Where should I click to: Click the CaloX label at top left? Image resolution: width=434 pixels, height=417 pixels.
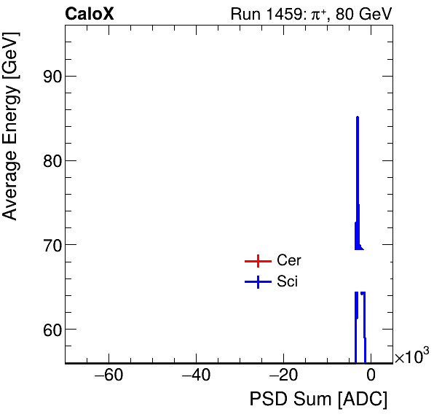coord(89,14)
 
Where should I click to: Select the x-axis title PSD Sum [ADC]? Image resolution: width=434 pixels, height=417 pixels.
coord(318,400)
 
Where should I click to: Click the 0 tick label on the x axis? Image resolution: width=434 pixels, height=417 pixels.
coord(371,376)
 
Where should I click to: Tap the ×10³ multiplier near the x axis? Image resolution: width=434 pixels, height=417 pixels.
coord(411,357)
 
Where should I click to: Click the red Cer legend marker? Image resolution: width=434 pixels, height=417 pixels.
coord(257,261)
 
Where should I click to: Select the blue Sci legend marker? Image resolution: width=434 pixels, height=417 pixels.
coord(257,282)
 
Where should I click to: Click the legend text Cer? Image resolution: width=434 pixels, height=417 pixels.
coord(289,261)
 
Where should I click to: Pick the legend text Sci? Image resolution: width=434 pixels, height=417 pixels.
coord(287,282)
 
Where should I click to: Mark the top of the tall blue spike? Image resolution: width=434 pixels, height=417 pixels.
coord(358,117)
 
